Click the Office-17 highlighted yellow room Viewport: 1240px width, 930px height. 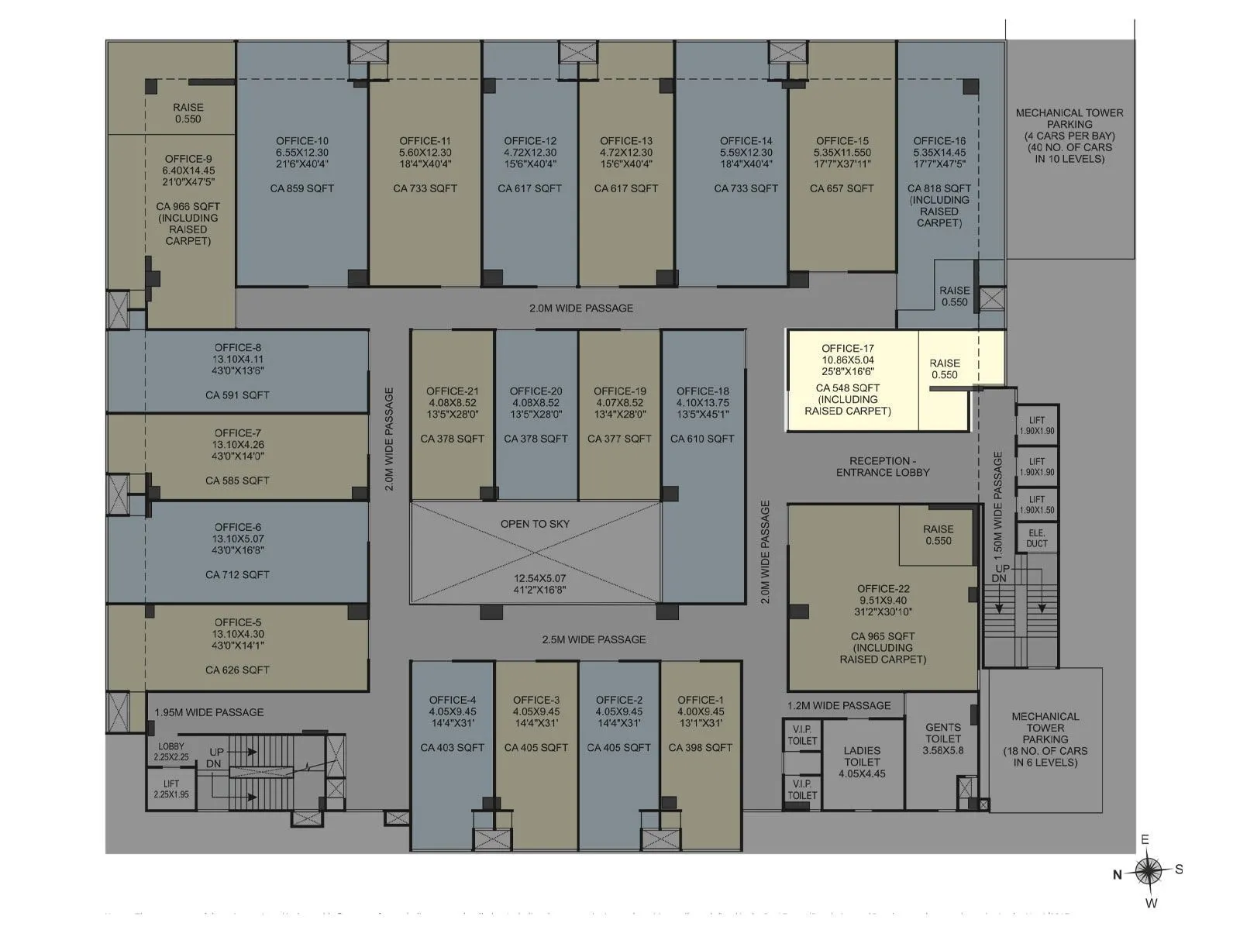point(852,380)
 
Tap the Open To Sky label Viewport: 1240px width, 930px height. point(535,524)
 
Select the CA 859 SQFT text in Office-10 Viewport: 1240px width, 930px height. point(302,188)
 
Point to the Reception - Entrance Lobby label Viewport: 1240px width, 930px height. point(883,467)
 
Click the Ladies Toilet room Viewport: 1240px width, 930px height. point(862,763)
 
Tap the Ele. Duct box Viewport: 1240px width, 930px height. point(1037,538)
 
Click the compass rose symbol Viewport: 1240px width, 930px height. point(1149,871)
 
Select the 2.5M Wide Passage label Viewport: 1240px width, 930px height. point(594,639)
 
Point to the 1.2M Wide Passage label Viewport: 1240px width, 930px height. point(839,705)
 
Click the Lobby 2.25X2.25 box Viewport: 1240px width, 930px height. point(171,752)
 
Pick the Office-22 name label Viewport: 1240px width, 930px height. point(883,589)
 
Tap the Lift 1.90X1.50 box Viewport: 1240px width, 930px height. point(1037,505)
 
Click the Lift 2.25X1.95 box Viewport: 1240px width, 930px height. point(171,789)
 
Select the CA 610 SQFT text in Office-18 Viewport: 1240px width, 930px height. point(702,439)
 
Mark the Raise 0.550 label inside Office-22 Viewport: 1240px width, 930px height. point(938,536)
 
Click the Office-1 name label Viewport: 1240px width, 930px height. point(701,700)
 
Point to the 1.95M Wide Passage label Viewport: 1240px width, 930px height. point(209,712)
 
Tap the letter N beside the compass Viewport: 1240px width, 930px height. point(1118,875)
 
